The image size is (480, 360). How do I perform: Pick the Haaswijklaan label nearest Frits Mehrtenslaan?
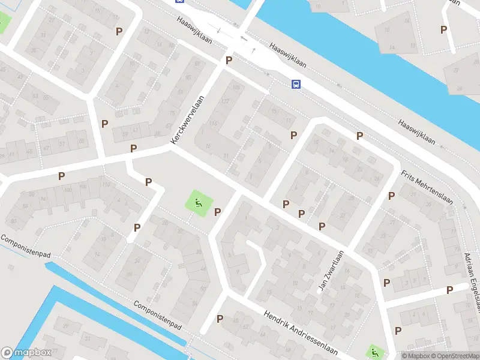pos(415,131)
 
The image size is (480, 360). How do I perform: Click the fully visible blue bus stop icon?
pos(296,84)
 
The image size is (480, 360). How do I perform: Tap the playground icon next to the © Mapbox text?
pos(374,352)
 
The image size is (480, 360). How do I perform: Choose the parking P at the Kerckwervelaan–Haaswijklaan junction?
pos(229,60)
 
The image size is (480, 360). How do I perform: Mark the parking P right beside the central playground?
pos(217,211)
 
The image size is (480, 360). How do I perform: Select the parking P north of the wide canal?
pos(443,29)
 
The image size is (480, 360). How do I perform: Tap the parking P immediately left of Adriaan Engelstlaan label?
pos(449,290)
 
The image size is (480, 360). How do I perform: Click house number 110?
pos(106,184)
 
